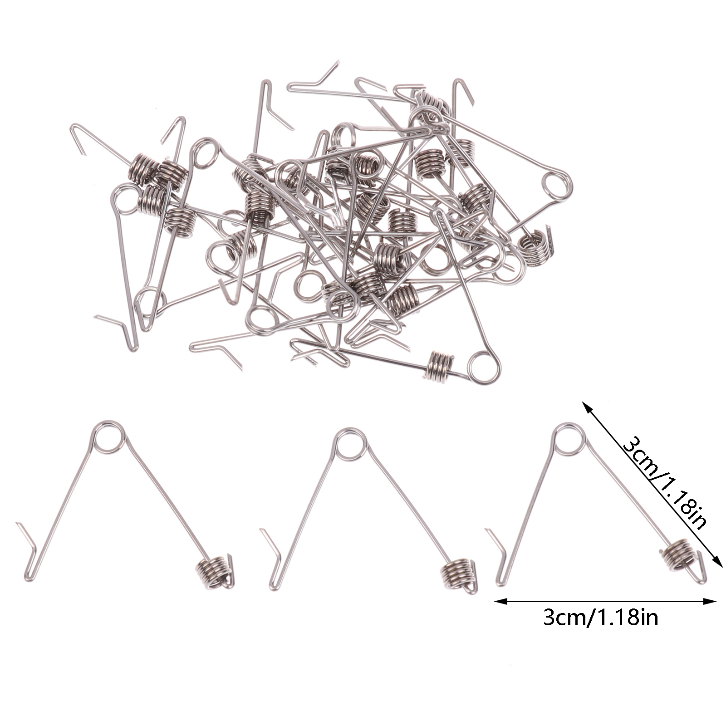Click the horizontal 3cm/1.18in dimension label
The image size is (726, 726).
(x=600, y=618)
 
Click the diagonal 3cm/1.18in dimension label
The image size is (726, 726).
(x=663, y=482)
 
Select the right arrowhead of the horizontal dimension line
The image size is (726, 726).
(x=711, y=602)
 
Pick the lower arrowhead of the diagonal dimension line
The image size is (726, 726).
(x=717, y=562)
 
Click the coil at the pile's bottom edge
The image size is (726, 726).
(x=439, y=367)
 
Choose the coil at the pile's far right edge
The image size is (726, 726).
(x=537, y=247)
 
